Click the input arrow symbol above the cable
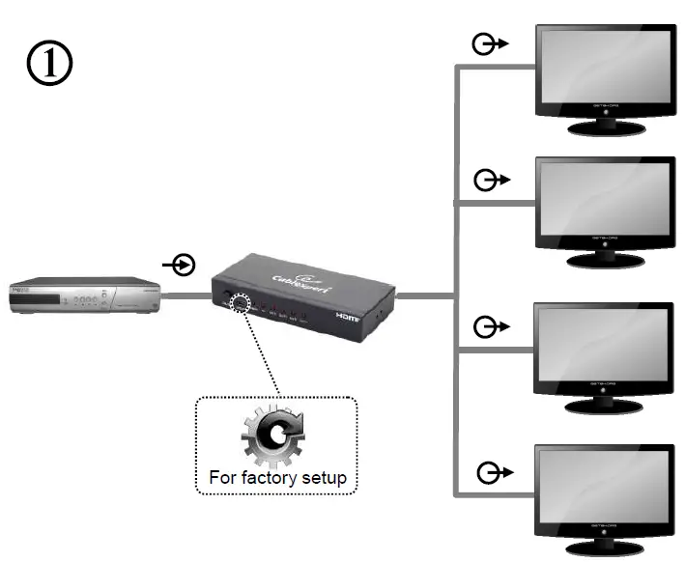point(180,264)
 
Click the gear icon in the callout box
point(273,440)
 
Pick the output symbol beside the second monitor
point(491,181)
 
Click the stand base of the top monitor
point(606,128)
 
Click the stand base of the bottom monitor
point(606,550)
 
